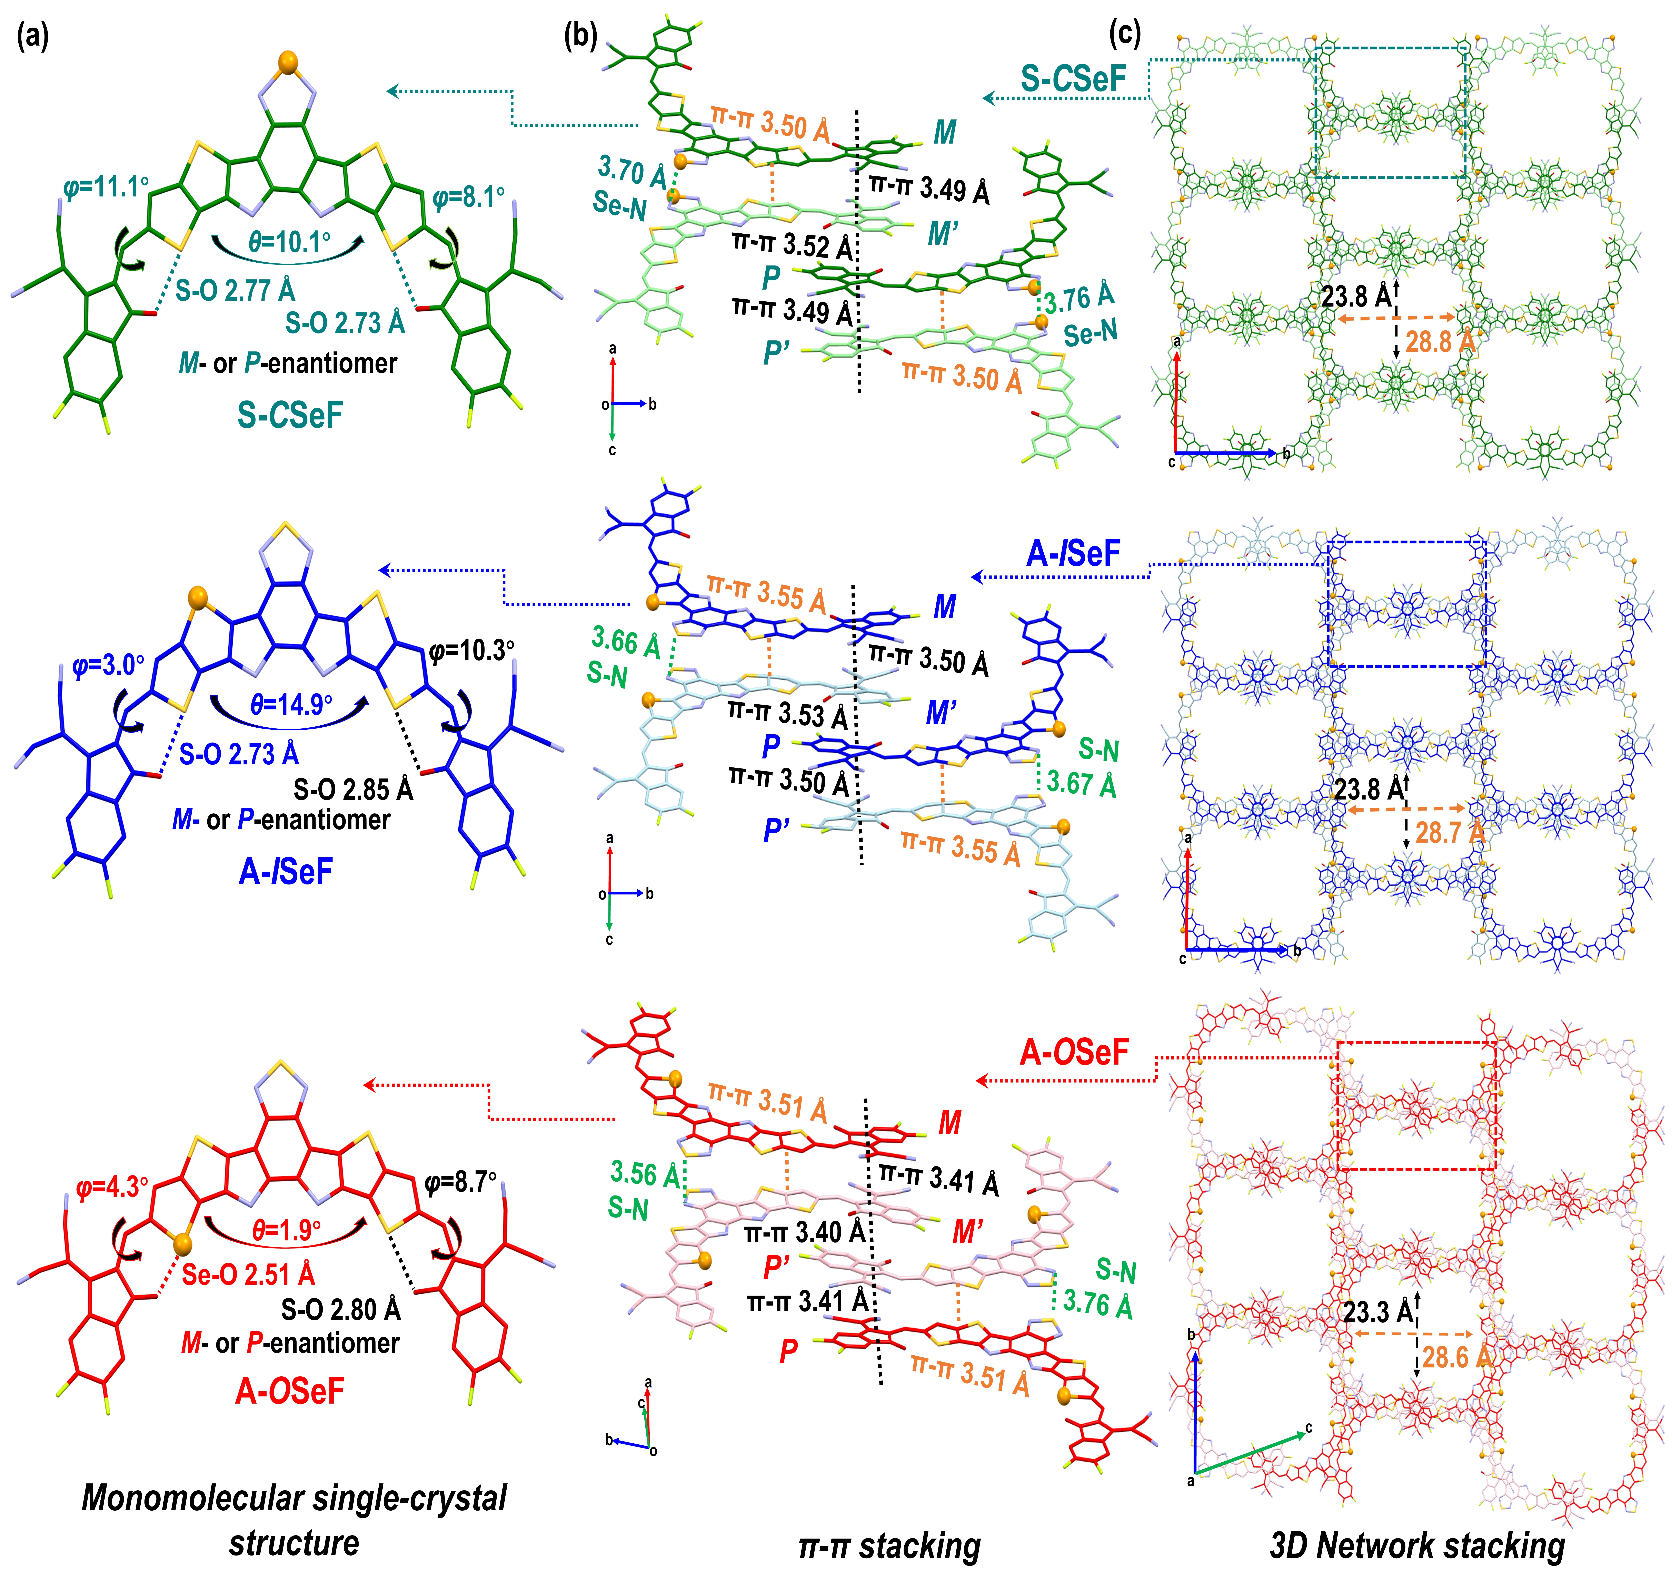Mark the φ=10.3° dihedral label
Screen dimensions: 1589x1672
point(471,650)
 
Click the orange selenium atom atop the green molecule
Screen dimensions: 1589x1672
point(290,62)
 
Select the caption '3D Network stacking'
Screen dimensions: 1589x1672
point(1417,1546)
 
